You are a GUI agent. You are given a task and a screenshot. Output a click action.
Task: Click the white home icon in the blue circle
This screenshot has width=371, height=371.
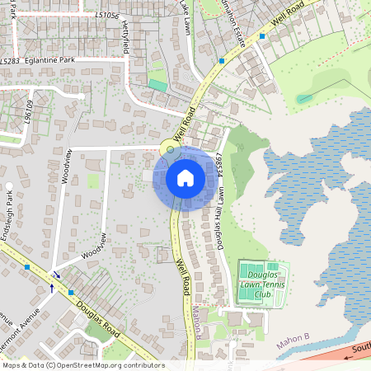click(x=185, y=178)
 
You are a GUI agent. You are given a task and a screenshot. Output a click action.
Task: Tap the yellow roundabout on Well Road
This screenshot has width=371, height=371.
click(x=170, y=149)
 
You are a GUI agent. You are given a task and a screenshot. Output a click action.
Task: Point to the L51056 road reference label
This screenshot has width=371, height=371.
click(x=106, y=16)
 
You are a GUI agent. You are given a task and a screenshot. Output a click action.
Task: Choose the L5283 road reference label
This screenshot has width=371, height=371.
click(x=10, y=61)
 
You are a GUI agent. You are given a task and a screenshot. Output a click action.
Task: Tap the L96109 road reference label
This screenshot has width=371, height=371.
click(x=29, y=111)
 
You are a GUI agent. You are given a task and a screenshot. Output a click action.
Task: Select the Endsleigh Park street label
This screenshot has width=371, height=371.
click(x=8, y=209)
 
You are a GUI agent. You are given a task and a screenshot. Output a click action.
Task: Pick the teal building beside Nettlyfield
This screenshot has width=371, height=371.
click(x=157, y=84)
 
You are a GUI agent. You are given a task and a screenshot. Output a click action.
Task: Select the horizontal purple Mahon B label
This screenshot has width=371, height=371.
click(x=293, y=337)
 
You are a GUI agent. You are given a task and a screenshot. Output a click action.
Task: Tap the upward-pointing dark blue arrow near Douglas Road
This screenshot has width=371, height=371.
click(x=52, y=288)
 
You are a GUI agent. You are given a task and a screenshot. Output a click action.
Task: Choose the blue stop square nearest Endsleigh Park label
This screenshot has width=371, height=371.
click(x=27, y=268)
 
